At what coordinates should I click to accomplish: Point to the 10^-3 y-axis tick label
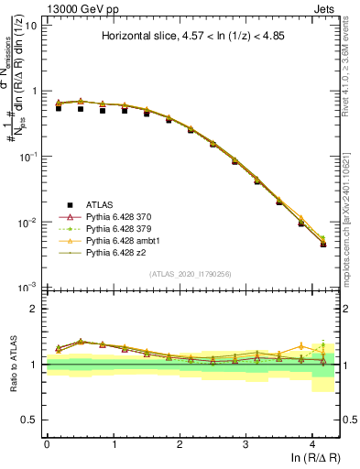pos(28,288)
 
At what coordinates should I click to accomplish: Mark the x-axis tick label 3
pos(246,442)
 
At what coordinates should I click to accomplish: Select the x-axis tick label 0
pos(47,442)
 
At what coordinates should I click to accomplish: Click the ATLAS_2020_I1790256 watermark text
pos(190,274)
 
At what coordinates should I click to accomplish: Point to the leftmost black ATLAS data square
pos(59,108)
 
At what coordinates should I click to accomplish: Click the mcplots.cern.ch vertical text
pos(353,220)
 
